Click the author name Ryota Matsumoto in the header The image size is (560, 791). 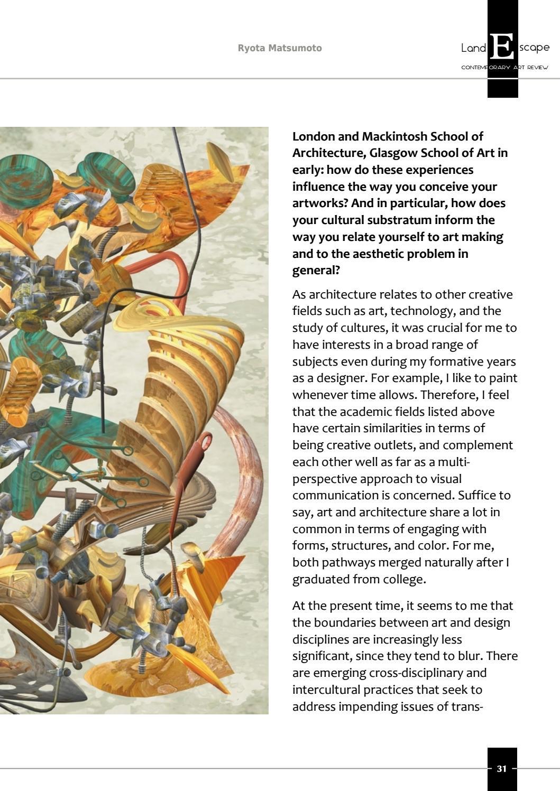click(279, 48)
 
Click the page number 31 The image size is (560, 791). click(502, 768)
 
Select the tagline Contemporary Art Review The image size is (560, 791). click(504, 68)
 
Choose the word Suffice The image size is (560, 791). click(477, 495)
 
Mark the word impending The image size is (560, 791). click(370, 706)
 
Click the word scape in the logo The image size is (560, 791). click(534, 48)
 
